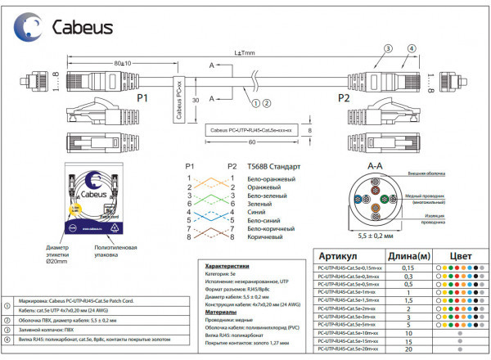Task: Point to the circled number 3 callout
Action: [412, 49]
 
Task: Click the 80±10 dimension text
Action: [123, 63]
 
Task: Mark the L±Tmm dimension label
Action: [244, 53]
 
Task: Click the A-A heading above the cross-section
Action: [376, 165]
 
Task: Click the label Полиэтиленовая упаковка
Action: [115, 250]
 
